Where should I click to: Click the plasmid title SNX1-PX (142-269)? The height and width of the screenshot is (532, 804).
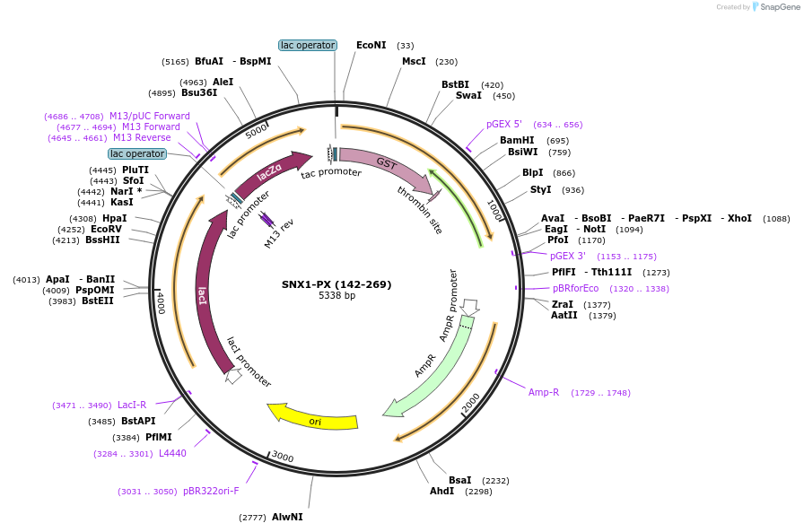click(x=336, y=284)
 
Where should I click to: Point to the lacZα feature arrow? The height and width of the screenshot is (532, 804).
click(x=269, y=172)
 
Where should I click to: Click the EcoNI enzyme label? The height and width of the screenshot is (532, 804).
click(x=371, y=45)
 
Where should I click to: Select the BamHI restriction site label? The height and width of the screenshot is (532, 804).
click(x=517, y=140)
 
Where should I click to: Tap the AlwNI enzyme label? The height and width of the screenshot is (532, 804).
click(x=287, y=517)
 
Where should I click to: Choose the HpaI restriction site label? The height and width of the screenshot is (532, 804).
click(x=114, y=218)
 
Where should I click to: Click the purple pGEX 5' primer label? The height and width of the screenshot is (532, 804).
click(x=504, y=125)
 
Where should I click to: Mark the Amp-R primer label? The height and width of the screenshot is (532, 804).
click(x=544, y=392)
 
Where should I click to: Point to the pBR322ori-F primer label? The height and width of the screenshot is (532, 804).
click(x=211, y=491)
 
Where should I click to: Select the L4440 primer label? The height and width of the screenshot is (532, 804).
click(x=172, y=453)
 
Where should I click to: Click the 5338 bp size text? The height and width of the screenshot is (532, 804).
click(x=336, y=296)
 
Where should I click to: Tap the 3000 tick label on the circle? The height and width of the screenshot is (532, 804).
click(x=283, y=457)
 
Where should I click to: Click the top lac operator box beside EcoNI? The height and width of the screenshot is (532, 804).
click(x=308, y=45)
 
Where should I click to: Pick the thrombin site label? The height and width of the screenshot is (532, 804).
click(x=420, y=210)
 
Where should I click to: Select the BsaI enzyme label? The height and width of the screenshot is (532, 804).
click(x=460, y=480)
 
